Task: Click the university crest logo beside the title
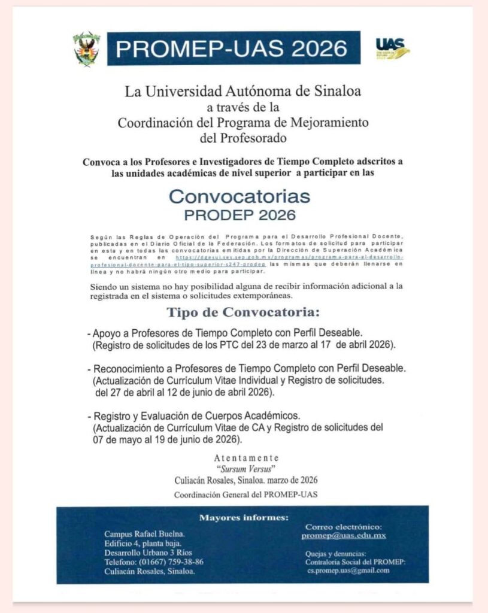pyautogui.click(x=87, y=48)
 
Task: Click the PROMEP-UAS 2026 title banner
pyautogui.click(x=234, y=48)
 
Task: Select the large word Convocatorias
pyautogui.click(x=240, y=196)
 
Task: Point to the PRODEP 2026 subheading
pyautogui.click(x=240, y=214)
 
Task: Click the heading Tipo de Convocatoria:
pyautogui.click(x=243, y=312)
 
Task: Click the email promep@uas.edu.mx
pyautogui.click(x=344, y=535)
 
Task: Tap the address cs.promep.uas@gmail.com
pyautogui.click(x=348, y=570)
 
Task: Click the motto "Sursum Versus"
pyautogui.click(x=243, y=469)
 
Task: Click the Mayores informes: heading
pyautogui.click(x=243, y=517)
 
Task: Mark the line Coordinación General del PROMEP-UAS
pyautogui.click(x=245, y=494)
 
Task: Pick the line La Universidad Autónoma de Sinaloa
pyautogui.click(x=243, y=92)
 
